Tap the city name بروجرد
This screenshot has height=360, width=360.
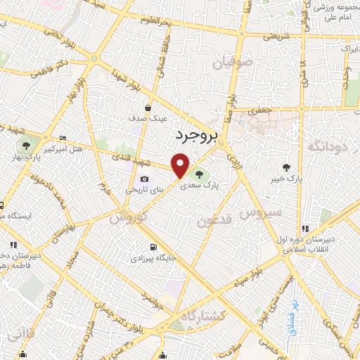191,133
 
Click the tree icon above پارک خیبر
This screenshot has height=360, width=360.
286,167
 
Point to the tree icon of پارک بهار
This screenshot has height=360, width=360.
26,146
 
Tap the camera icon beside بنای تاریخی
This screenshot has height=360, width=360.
145,179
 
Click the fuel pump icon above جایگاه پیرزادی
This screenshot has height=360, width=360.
153,247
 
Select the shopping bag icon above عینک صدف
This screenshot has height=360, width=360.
148,108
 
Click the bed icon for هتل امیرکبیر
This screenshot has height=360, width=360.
63,138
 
